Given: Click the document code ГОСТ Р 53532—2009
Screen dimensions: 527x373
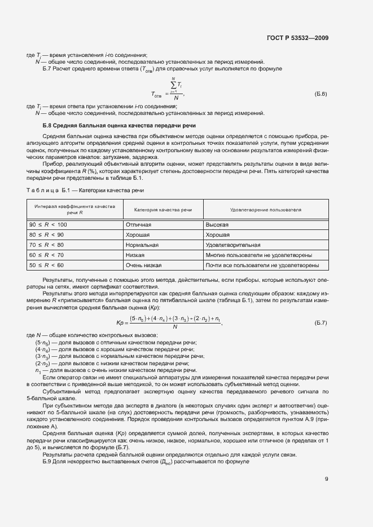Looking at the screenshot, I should (297, 38).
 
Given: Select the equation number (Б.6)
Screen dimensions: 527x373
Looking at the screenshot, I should (321, 94).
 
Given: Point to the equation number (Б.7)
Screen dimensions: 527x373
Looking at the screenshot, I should (321, 322).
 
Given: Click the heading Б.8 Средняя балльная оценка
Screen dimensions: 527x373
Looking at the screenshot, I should (119, 125).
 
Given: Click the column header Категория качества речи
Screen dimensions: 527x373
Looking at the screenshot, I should (163, 209).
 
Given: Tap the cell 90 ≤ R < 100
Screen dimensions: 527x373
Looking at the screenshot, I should (48, 224).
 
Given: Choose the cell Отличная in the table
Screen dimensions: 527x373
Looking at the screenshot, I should (138, 224).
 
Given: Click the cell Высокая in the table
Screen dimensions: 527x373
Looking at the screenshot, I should (217, 224).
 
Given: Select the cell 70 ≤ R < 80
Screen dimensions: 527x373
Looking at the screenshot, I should (47, 245).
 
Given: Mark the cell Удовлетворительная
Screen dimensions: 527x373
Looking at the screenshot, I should (232, 245).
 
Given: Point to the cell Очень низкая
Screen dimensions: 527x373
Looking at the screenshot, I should (144, 265).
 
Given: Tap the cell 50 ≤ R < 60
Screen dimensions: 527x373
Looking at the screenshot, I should (47, 265).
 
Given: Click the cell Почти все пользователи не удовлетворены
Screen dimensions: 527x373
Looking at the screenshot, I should (262, 265).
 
